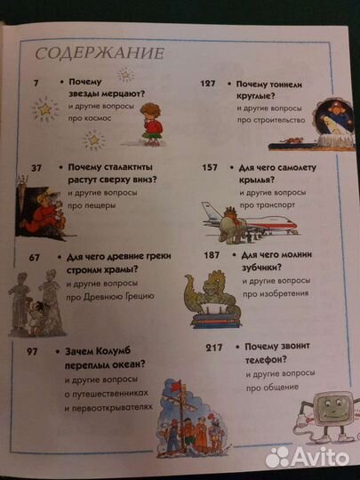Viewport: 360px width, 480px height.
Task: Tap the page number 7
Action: point(36,83)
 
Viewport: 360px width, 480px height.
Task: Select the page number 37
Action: point(37,168)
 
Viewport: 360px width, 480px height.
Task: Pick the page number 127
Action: point(209,83)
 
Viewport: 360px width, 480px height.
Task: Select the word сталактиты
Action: point(117,166)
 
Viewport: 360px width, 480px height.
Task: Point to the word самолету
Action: point(290,166)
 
